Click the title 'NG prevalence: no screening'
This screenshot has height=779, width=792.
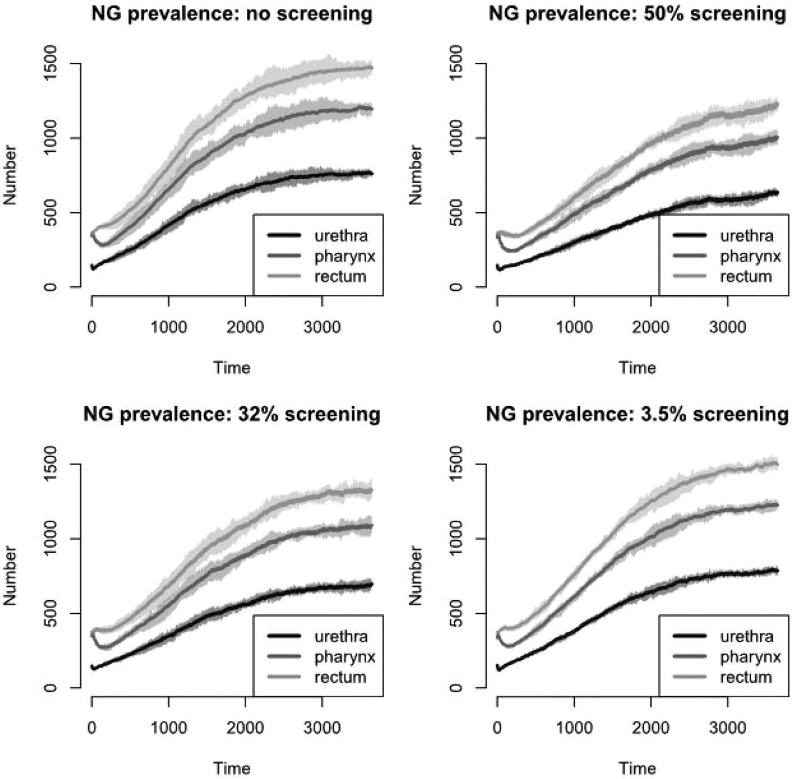[232, 13]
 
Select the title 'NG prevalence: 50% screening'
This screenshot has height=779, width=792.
[637, 13]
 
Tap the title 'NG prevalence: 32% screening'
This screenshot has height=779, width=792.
[232, 414]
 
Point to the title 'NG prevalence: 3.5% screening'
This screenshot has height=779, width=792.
[637, 414]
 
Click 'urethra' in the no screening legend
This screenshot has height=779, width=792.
[341, 235]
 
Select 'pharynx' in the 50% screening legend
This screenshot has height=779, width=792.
[750, 256]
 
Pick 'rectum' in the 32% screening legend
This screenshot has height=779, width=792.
[341, 677]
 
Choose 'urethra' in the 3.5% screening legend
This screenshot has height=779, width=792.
[747, 636]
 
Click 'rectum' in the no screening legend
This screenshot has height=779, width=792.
[341, 277]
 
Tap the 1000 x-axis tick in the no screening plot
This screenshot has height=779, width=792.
[169, 328]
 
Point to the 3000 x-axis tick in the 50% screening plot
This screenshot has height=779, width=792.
[728, 328]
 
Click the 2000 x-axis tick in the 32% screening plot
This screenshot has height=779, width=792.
[246, 728]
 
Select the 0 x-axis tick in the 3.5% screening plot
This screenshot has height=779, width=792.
[497, 728]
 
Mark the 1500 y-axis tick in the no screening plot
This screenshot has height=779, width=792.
[51, 63]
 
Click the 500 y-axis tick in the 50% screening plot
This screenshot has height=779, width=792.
[457, 213]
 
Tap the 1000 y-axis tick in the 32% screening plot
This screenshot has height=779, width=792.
[51, 539]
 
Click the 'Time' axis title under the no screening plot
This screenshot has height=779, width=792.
[232, 368]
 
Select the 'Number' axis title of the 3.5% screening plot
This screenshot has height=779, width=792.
[416, 575]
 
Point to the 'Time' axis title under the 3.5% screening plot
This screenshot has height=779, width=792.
[637, 768]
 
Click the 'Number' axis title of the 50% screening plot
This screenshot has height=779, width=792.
[416, 175]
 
